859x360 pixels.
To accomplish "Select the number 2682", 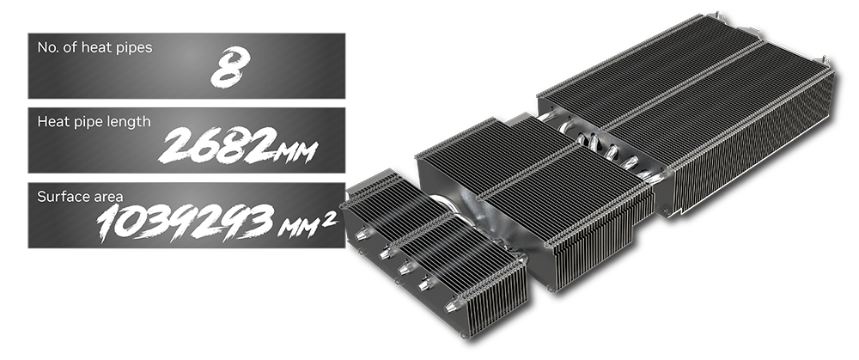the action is (217, 146).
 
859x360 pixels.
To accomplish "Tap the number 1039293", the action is (186, 222).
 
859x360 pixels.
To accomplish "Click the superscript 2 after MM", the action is (329, 218).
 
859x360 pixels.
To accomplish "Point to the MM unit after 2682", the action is (297, 152).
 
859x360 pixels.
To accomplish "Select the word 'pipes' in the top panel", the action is (135, 48).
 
